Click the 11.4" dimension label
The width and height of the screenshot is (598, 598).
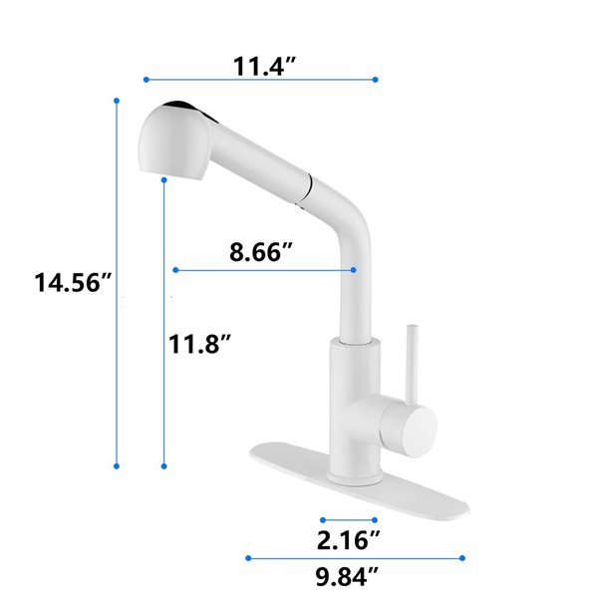tap(261, 67)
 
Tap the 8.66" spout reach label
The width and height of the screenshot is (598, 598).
tap(261, 251)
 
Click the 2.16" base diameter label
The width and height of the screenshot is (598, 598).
tap(349, 540)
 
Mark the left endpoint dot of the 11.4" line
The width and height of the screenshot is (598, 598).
tap(146, 79)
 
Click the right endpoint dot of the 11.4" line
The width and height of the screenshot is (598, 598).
tap(375, 79)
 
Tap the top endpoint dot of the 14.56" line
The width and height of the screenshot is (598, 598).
tap(117, 101)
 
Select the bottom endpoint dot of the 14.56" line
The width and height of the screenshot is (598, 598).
tap(117, 465)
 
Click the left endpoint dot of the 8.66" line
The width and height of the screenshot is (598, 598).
tap(174, 269)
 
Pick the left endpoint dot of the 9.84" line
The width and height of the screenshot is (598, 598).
tap(246, 558)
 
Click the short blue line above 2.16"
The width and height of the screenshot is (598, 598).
tap(349, 519)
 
